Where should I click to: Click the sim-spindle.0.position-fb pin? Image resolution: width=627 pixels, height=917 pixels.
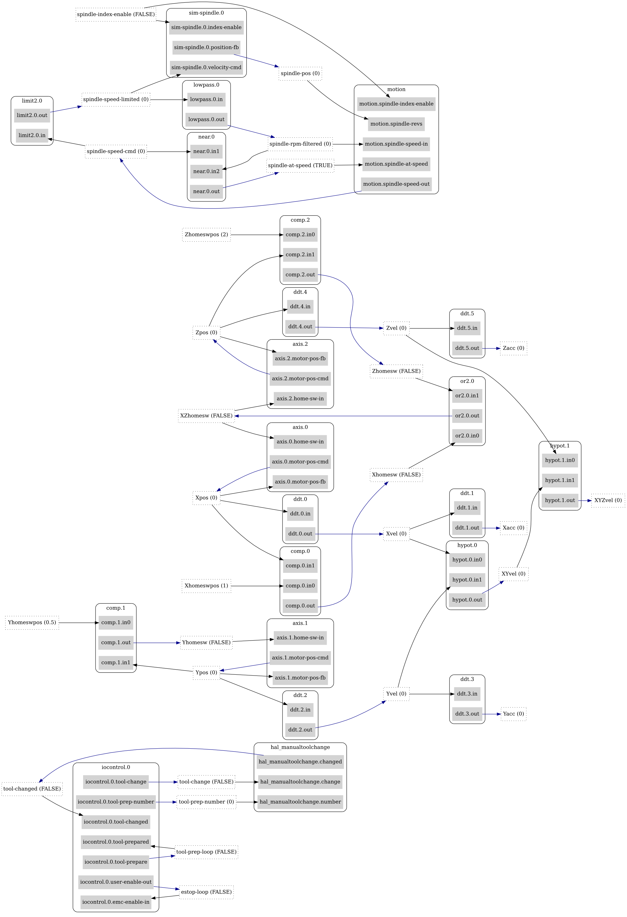point(206,47)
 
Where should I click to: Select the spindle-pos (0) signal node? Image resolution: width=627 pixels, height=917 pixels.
point(300,73)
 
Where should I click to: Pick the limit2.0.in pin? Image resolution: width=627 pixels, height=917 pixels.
point(32,135)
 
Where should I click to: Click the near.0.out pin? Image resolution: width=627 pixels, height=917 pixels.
point(206,191)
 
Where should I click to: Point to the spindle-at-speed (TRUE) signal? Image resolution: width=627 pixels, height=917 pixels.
point(300,165)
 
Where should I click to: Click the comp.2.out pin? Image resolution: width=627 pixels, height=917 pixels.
point(300,275)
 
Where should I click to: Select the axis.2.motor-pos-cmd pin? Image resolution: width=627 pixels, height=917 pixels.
point(300,378)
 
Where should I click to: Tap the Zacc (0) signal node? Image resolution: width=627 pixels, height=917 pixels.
point(513,348)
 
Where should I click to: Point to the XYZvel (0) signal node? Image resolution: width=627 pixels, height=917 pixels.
point(608,500)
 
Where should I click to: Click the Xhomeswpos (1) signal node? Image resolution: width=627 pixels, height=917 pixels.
point(206,586)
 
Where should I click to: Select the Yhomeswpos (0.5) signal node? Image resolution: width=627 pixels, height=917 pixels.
point(32,623)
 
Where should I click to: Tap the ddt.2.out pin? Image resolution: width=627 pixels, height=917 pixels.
point(300,730)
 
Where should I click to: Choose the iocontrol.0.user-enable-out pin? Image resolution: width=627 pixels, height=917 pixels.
point(115,882)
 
